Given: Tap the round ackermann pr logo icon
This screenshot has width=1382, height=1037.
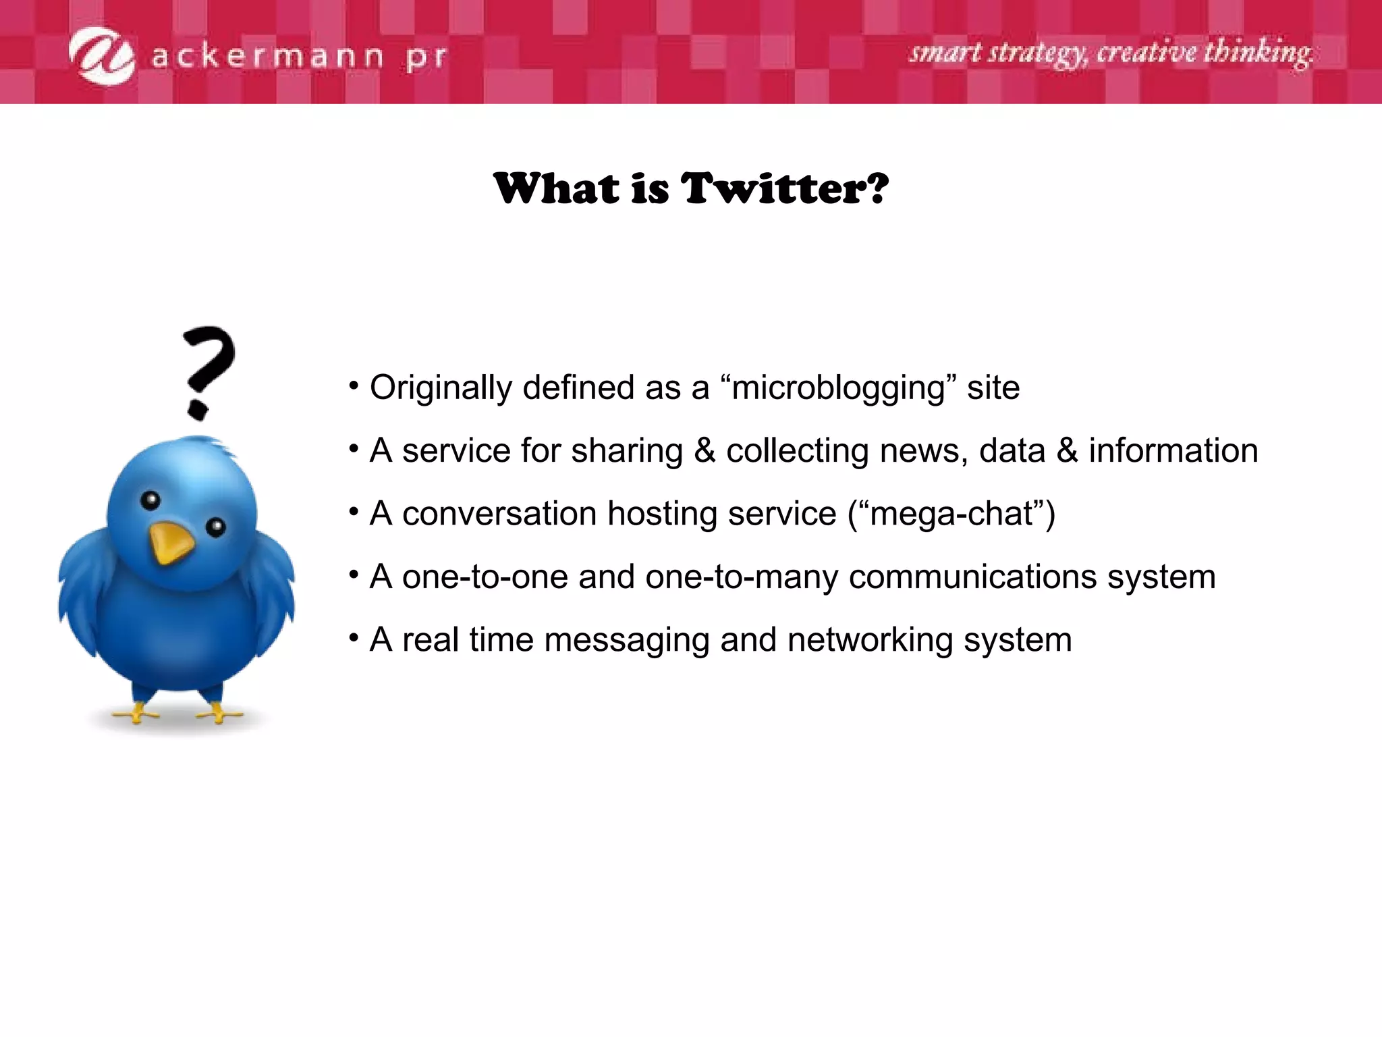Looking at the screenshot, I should (103, 56).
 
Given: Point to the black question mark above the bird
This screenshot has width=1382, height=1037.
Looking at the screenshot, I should (208, 371).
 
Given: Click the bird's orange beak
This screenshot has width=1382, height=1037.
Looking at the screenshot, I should (170, 542).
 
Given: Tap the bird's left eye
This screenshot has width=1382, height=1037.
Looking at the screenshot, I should (150, 500).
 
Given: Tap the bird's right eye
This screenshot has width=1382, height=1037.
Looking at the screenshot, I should (216, 527).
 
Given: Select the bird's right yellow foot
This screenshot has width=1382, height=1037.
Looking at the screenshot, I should (217, 713).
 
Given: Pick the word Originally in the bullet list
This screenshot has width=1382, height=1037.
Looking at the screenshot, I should (441, 388).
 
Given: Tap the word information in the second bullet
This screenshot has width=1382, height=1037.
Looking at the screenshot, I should (1173, 451).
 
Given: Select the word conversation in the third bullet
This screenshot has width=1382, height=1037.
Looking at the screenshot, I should (499, 514).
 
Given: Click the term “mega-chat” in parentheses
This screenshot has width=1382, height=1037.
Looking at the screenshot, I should (951, 514).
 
